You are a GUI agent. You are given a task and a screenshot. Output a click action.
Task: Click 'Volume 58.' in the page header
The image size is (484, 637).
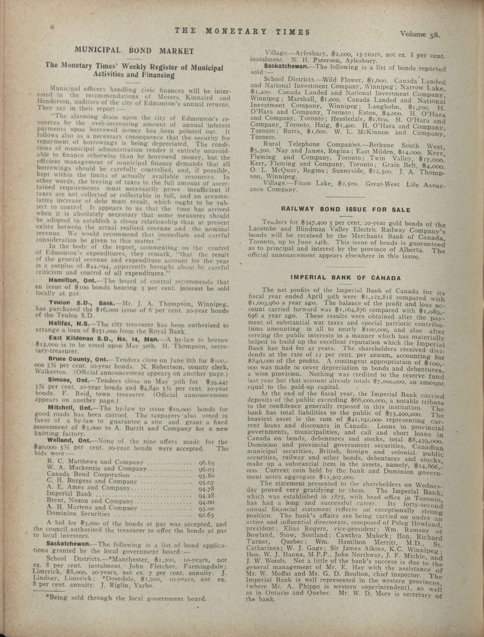(x=420, y=34)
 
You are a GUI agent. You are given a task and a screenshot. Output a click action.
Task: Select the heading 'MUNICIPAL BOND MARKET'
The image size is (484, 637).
(x=134, y=50)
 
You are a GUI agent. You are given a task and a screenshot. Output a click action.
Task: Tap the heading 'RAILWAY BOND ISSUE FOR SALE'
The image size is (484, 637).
(x=346, y=210)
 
